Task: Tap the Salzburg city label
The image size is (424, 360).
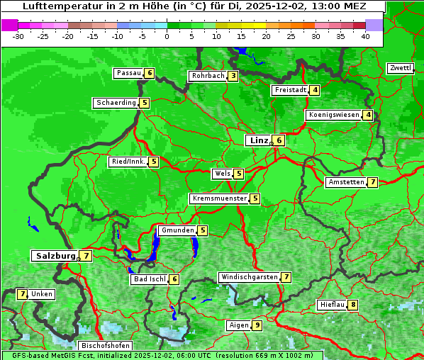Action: click(x=55, y=256)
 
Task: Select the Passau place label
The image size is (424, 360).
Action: click(x=128, y=73)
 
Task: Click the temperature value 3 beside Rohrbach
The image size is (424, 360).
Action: click(x=233, y=76)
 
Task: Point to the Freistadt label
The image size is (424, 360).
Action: click(x=291, y=90)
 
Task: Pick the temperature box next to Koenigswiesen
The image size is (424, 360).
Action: click(x=368, y=115)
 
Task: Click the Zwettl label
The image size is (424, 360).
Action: click(x=400, y=68)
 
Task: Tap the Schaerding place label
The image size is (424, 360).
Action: click(x=116, y=103)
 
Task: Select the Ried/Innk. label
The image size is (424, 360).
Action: click(x=128, y=162)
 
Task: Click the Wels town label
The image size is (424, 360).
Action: click(x=223, y=174)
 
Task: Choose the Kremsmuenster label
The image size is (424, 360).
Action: click(x=219, y=198)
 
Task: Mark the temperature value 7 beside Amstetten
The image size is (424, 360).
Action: click(x=373, y=182)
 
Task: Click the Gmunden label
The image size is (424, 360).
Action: click(x=177, y=230)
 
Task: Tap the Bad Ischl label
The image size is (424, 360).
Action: click(x=149, y=279)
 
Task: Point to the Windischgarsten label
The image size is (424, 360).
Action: click(x=249, y=277)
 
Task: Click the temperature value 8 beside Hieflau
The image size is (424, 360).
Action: click(x=353, y=305)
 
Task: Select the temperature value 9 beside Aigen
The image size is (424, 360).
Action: click(x=257, y=325)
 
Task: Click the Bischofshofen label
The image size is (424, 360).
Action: click(x=105, y=346)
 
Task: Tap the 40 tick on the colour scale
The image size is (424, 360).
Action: click(x=365, y=36)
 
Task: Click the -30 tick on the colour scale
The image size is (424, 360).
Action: click(x=19, y=36)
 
